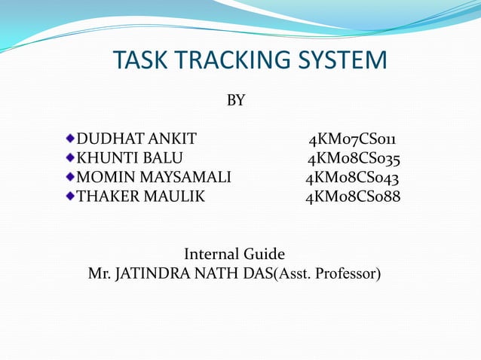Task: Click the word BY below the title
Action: [236, 100]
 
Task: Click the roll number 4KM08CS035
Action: [353, 159]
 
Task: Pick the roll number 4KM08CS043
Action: [352, 178]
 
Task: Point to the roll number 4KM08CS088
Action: [352, 198]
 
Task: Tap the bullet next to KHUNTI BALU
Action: [70, 158]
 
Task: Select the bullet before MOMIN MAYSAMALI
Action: [70, 178]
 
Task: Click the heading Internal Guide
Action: [234, 254]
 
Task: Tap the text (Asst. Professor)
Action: [329, 273]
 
